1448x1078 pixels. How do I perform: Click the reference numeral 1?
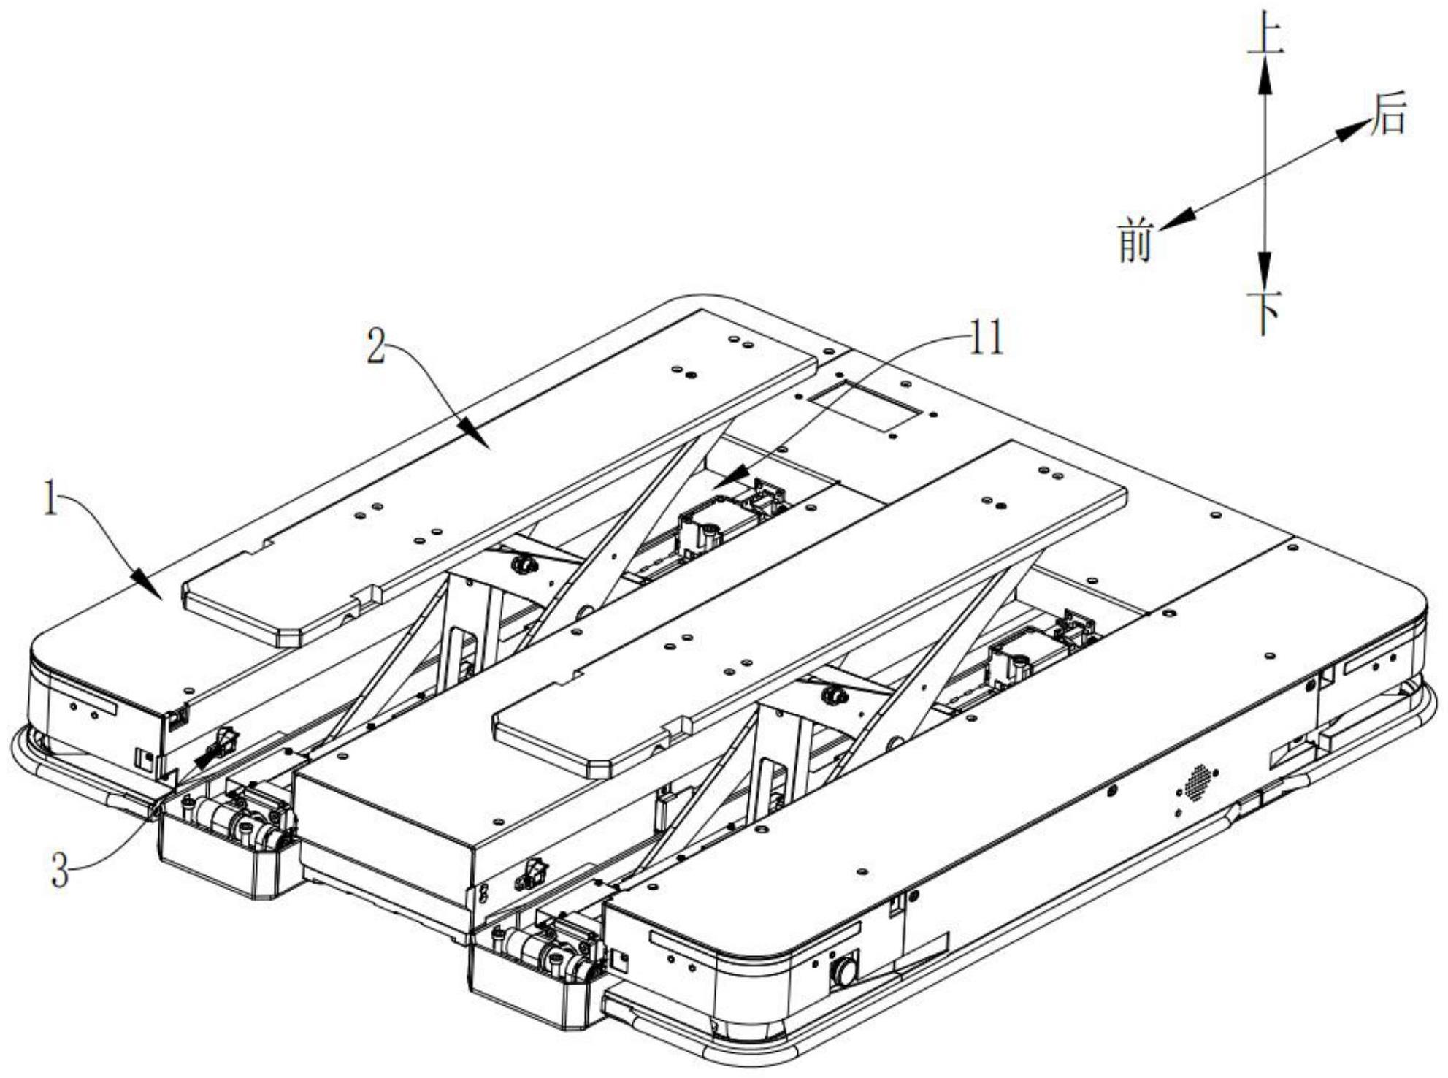[50, 501]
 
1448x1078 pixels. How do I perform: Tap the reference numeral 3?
[61, 871]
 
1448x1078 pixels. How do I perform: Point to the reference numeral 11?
[985, 339]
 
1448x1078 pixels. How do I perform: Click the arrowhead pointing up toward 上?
[1265, 74]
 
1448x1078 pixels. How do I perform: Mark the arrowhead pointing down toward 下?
[1265, 271]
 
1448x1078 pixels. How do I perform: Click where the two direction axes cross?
[1265, 175]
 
